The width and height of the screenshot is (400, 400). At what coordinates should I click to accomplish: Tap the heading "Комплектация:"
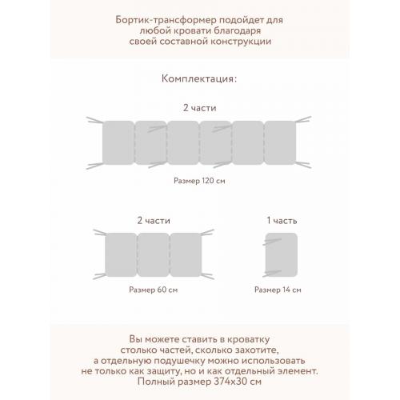click(199, 80)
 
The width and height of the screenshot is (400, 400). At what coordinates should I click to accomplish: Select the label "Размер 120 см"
click(199, 181)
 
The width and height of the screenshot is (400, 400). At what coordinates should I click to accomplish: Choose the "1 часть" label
click(281, 219)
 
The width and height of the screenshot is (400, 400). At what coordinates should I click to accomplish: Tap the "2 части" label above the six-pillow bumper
click(199, 106)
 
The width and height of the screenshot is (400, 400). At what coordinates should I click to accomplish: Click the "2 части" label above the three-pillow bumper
click(153, 219)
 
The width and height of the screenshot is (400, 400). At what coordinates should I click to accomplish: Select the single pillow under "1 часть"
click(281, 254)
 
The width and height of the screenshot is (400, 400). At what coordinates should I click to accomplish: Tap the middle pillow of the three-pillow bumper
click(152, 254)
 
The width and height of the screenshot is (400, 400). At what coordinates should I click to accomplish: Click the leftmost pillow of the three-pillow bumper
click(120, 254)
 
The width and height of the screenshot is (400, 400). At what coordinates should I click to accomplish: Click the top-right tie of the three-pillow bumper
click(207, 232)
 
